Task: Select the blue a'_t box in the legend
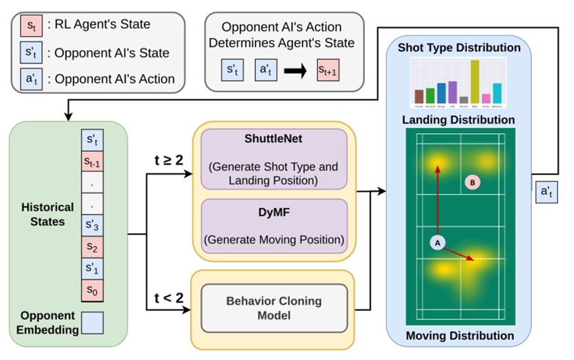point(31,78)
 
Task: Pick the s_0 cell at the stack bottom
point(92,290)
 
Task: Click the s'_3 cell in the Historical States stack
point(92,224)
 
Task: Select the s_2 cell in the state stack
point(92,246)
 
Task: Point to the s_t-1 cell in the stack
point(92,163)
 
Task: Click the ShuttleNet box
point(274,159)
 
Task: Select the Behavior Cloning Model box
point(274,308)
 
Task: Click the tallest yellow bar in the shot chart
point(475,82)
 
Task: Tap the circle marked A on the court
point(436,243)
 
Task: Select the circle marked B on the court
point(472,183)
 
